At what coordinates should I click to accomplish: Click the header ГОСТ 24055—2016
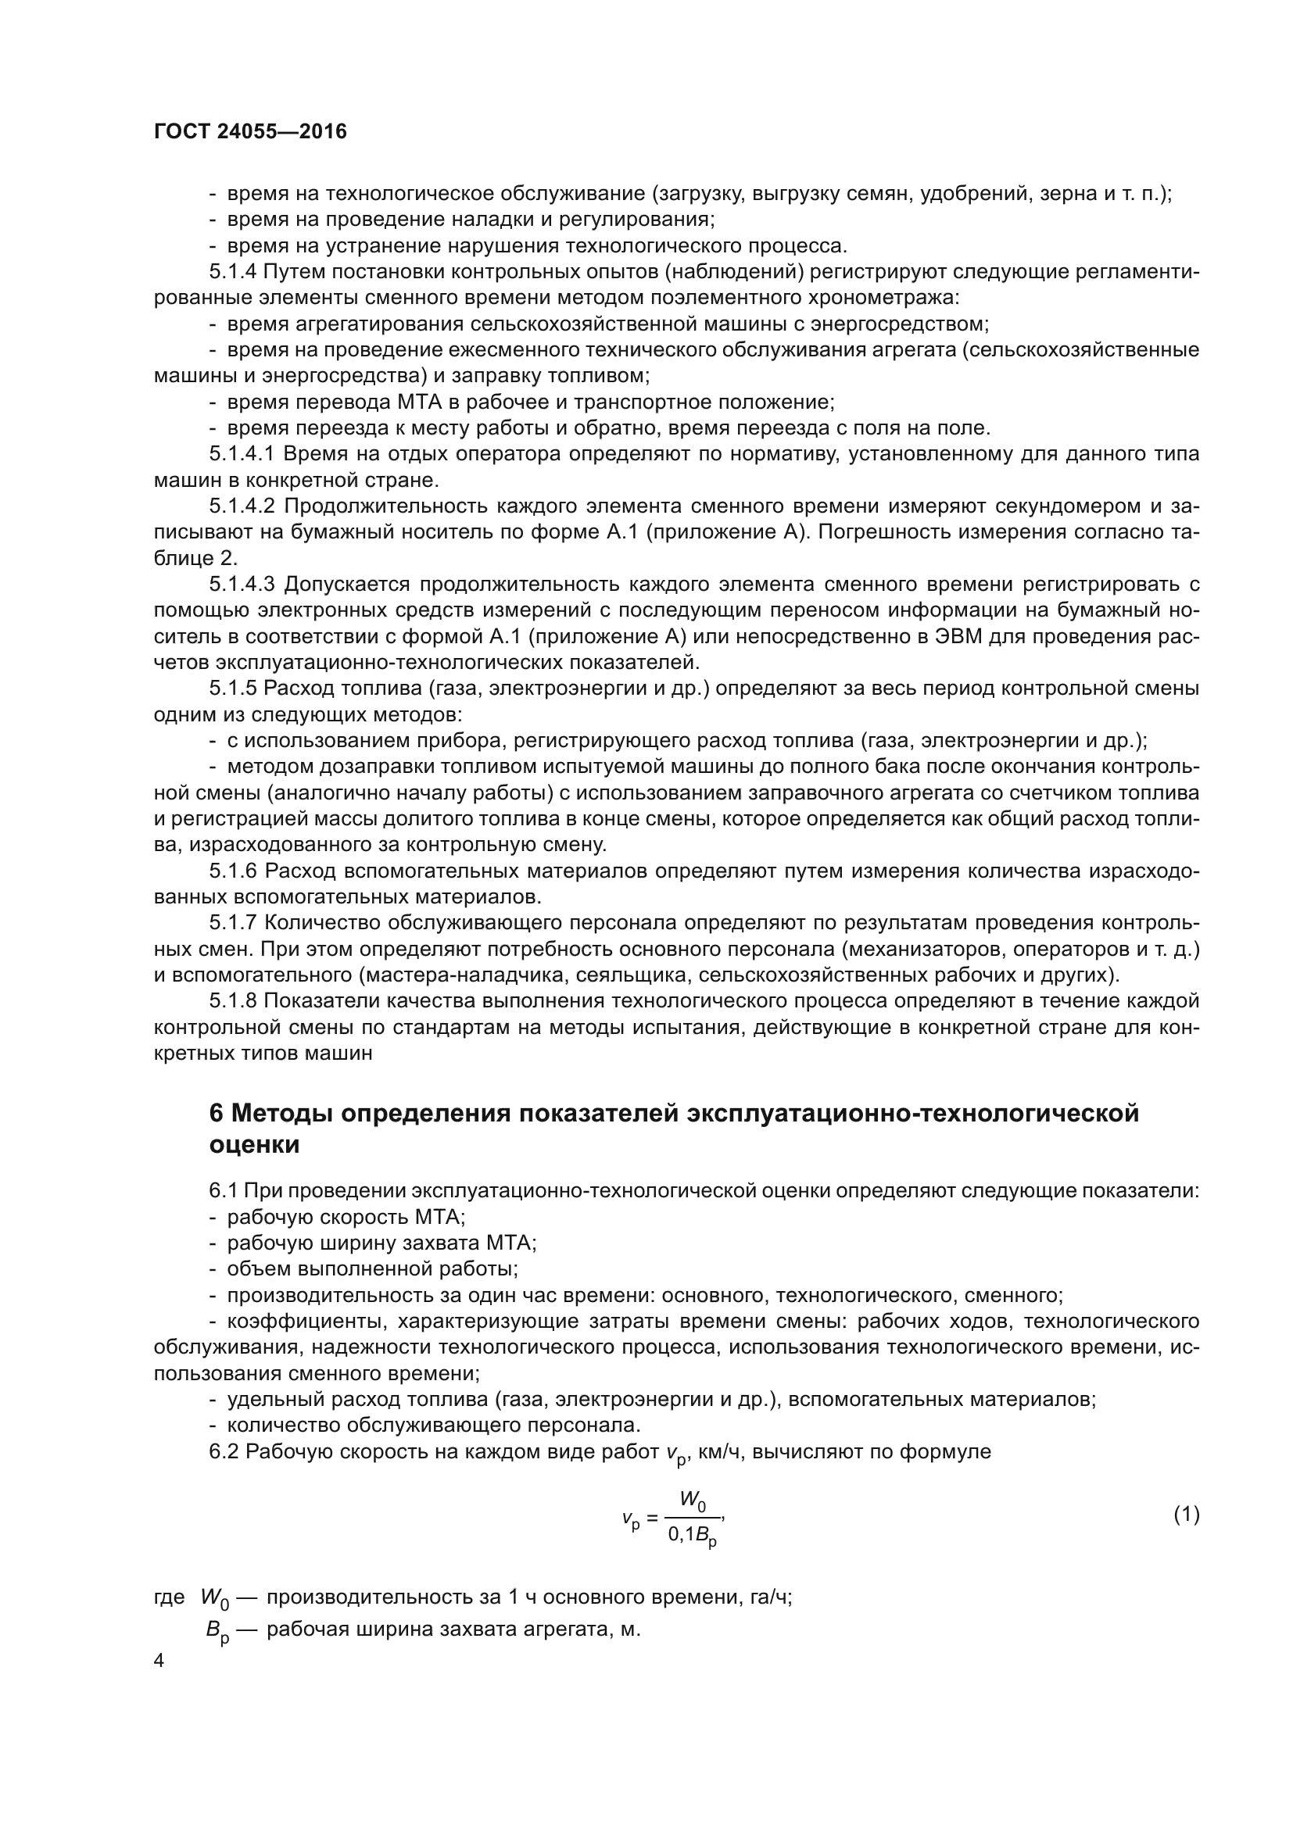[250, 131]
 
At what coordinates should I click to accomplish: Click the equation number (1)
[1187, 1515]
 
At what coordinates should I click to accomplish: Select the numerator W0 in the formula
[692, 1500]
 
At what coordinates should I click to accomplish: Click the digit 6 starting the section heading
[217, 1113]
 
